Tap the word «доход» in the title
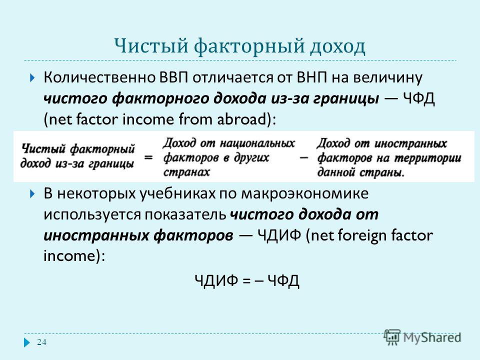(x=337, y=46)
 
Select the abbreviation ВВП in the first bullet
(x=174, y=78)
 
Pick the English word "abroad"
(x=244, y=119)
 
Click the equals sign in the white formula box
(x=148, y=157)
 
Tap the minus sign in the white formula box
(x=303, y=158)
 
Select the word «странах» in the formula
(x=186, y=172)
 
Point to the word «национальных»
(x=257, y=143)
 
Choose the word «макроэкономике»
(x=304, y=194)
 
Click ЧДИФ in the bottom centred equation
(x=216, y=280)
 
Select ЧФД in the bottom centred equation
(x=283, y=280)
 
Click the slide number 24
(x=41, y=342)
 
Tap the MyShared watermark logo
(x=422, y=337)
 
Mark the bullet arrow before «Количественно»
(x=32, y=78)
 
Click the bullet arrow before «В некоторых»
(x=32, y=194)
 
